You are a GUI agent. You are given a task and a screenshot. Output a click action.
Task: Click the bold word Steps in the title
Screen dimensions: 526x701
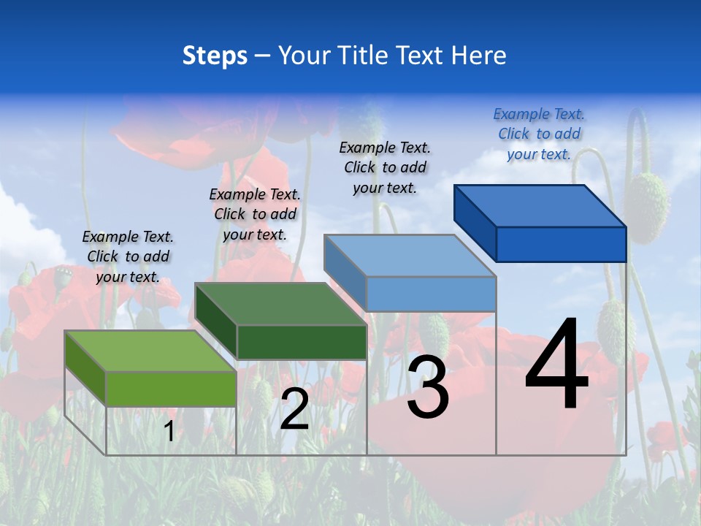215,56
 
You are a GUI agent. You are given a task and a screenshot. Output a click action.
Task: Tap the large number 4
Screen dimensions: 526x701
556,365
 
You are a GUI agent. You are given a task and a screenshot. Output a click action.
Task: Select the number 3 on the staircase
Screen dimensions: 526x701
428,387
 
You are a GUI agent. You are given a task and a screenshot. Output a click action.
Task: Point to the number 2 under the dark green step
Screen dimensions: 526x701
294,409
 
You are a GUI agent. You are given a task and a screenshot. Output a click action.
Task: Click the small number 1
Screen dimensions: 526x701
169,432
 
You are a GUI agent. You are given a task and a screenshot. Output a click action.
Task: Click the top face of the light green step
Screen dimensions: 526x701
150,351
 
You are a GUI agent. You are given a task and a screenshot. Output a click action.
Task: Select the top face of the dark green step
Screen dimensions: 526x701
280,303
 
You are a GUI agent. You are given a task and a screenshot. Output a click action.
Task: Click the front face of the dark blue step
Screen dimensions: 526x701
561,244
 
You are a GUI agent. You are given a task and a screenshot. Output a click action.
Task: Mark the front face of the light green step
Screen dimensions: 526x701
171,389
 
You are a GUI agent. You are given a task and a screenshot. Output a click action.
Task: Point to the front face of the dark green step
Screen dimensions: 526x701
302,342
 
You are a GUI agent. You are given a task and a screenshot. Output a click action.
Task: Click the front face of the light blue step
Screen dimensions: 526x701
431,294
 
